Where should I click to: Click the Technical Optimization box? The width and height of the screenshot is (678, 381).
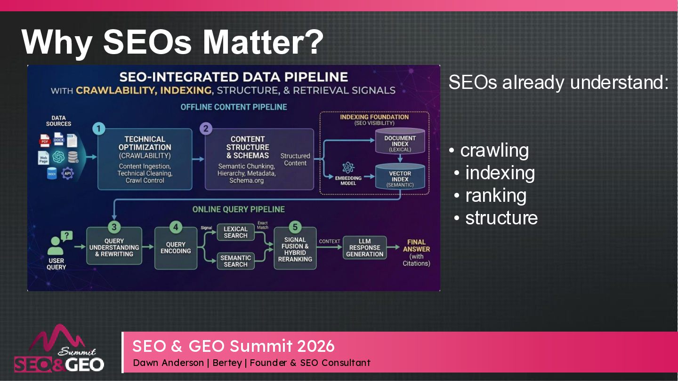[145, 159]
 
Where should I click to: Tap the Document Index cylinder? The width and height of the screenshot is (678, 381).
[400, 142]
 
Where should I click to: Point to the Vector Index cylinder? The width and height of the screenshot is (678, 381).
[400, 177]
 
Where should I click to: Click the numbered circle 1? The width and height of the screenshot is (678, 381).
[98, 128]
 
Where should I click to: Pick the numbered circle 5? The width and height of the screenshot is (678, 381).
[295, 228]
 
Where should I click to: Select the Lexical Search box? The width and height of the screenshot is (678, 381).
[235, 232]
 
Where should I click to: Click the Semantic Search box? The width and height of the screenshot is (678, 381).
[235, 261]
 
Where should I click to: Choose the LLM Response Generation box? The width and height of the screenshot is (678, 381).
[364, 248]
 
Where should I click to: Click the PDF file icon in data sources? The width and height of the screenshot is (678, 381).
[45, 140]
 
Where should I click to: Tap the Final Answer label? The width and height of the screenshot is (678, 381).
[416, 246]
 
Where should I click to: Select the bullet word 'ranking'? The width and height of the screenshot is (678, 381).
[496, 195]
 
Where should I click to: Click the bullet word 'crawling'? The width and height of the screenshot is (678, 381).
[494, 151]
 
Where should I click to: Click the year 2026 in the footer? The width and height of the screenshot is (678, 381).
[316, 346]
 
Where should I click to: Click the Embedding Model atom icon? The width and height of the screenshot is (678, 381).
[348, 167]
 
